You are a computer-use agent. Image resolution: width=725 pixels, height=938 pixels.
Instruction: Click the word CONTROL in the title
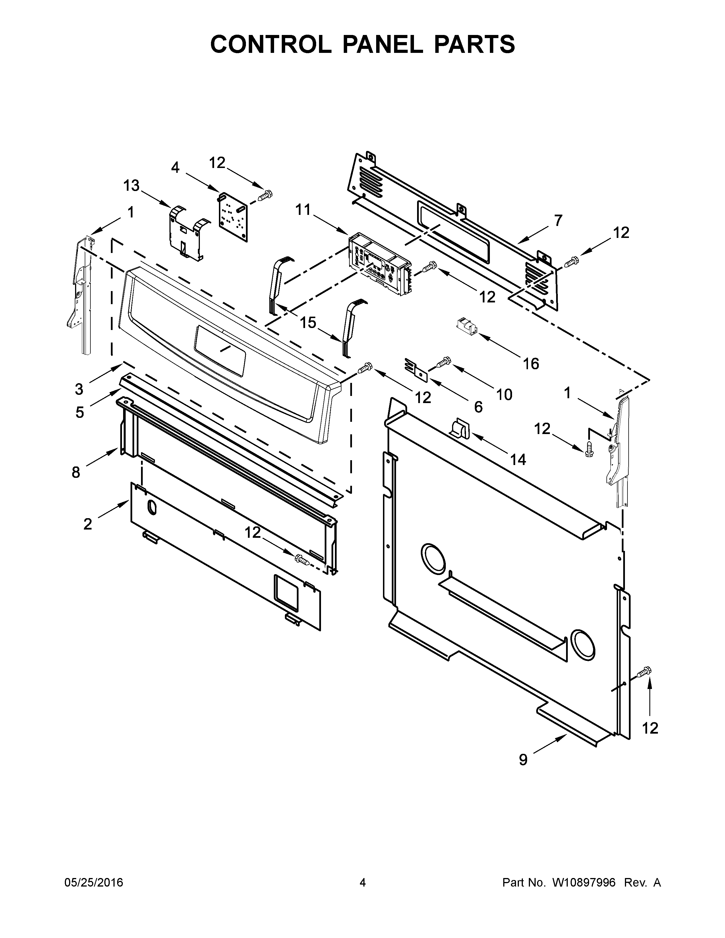coord(271,44)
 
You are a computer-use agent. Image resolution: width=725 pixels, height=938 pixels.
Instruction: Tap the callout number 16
coord(531,364)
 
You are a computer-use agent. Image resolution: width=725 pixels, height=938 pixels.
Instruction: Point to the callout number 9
coord(523,760)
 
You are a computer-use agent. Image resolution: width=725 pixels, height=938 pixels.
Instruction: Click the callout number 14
coord(518,460)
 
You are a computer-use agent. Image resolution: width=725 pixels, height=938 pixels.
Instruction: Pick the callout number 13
coord(131,186)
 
